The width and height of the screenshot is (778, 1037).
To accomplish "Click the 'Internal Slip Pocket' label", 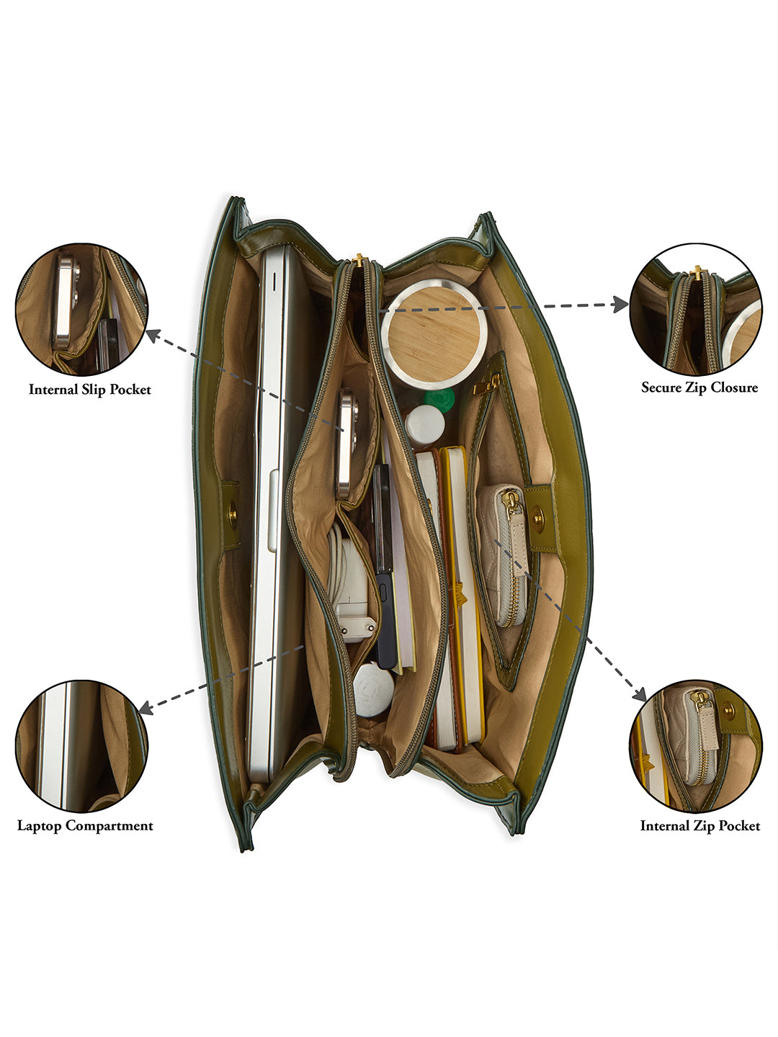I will tap(90, 390).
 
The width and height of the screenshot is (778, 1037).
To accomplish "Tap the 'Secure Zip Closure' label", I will tap(699, 387).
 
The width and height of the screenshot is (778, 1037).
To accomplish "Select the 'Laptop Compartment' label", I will tap(85, 826).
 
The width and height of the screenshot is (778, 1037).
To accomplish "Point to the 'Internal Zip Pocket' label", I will tap(700, 826).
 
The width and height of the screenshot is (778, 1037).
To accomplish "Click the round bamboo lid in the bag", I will tap(434, 331).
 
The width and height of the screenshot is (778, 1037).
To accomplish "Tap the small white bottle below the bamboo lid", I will tap(424, 424).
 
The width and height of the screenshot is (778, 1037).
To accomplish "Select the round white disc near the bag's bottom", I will tap(373, 689).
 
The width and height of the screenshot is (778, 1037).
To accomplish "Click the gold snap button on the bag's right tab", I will tap(537, 516).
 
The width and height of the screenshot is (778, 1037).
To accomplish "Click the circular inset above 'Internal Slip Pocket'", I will tap(81, 310).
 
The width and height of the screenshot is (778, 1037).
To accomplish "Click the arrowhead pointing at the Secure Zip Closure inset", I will tap(621, 305).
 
